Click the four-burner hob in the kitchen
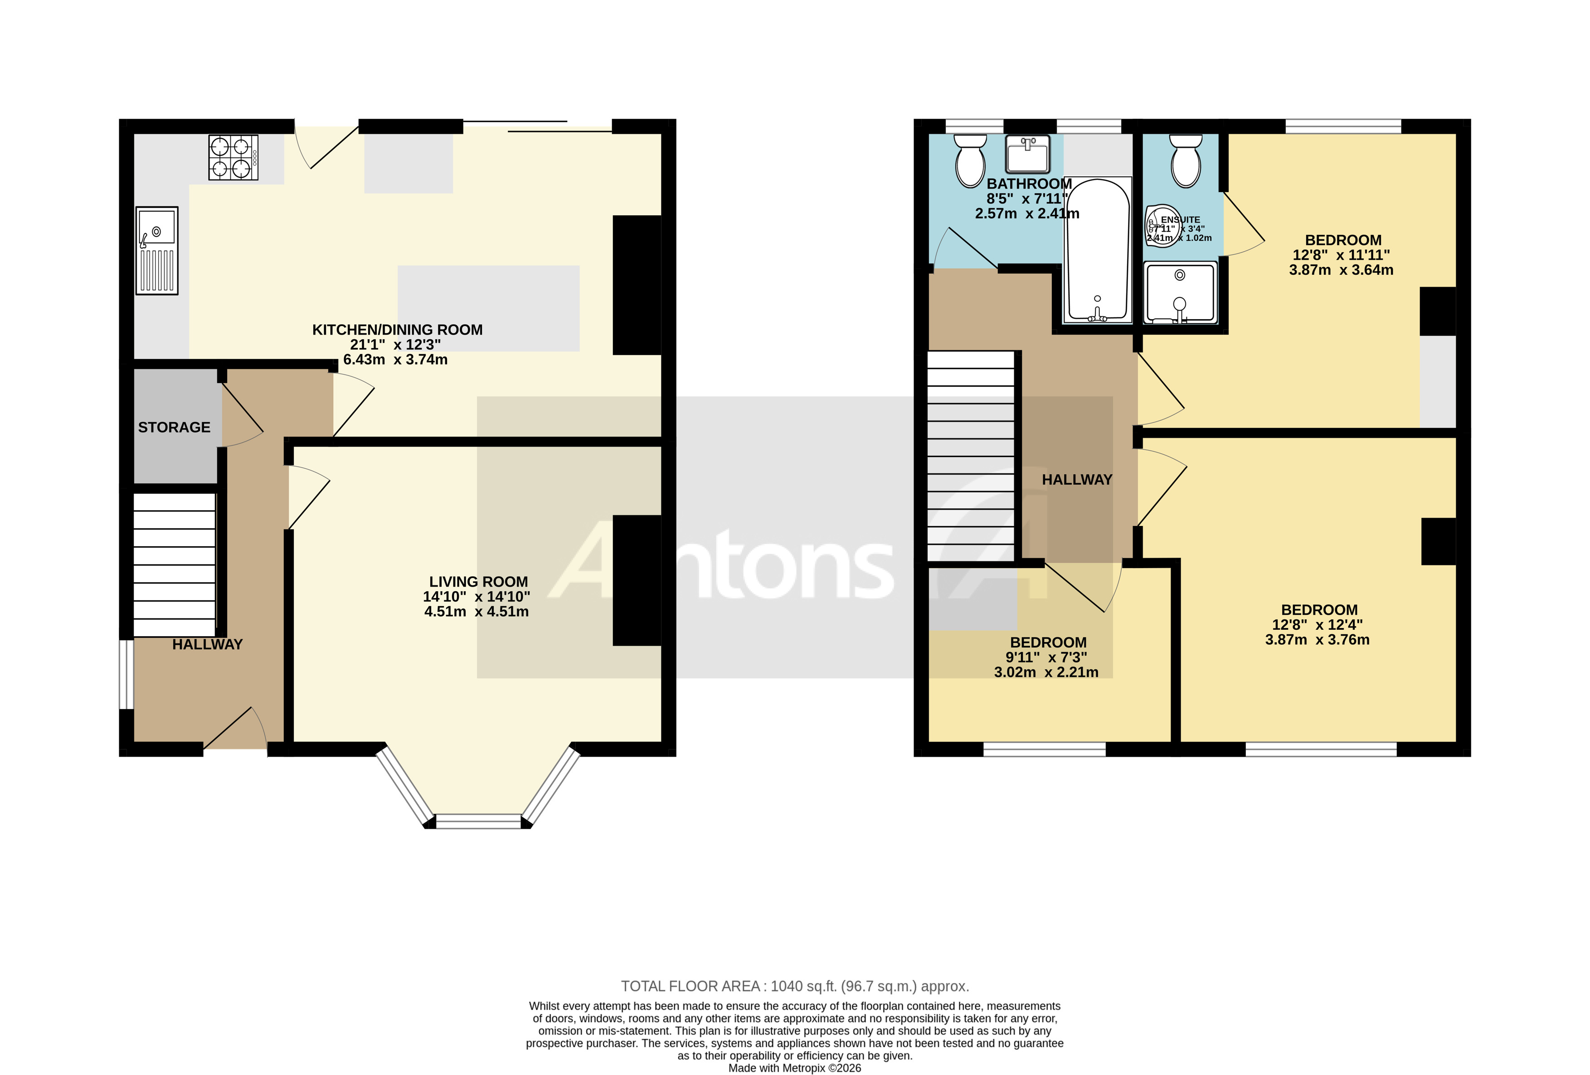pyautogui.click(x=233, y=157)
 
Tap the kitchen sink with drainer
pyautogui.click(x=157, y=250)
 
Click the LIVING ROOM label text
pyautogui.click(x=478, y=582)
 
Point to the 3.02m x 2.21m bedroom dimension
pyautogui.click(x=1046, y=673)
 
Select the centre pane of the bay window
pyautogui.click(x=478, y=821)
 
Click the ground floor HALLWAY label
pyautogui.click(x=207, y=645)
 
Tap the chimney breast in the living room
pyautogui.click(x=636, y=580)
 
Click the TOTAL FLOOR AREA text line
pyautogui.click(x=794, y=986)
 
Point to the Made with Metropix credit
pyautogui.click(x=794, y=1068)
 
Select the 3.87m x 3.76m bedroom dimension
pyautogui.click(x=1317, y=640)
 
